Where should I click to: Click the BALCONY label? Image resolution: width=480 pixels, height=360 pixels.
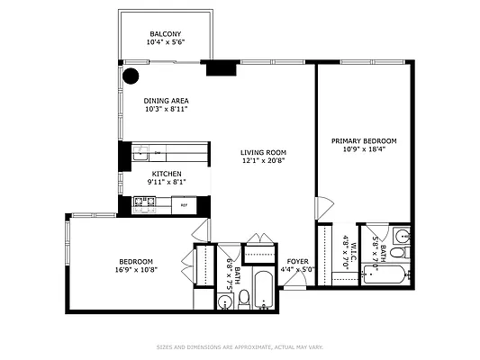[x=165, y=33]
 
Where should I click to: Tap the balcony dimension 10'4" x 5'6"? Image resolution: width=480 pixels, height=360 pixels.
[x=165, y=42]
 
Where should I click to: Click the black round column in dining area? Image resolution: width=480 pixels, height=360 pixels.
[x=131, y=76]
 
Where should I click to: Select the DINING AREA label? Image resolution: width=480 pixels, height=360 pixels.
[x=165, y=101]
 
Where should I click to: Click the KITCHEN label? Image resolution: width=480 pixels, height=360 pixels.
[x=166, y=174]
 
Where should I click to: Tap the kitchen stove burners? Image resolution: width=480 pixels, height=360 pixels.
[x=142, y=205]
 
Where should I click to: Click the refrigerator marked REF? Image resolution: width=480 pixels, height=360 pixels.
[x=184, y=206]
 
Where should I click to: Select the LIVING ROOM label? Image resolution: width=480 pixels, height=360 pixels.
[x=263, y=152]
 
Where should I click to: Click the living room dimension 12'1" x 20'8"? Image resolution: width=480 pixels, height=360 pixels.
[x=263, y=161]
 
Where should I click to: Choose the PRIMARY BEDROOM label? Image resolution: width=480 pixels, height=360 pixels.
[x=364, y=140]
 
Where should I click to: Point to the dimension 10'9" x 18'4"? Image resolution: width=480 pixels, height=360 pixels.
[x=364, y=149]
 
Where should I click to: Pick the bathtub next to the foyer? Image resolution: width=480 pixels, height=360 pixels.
[x=263, y=289]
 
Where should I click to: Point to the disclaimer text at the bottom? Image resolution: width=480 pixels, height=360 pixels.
[x=240, y=346]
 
